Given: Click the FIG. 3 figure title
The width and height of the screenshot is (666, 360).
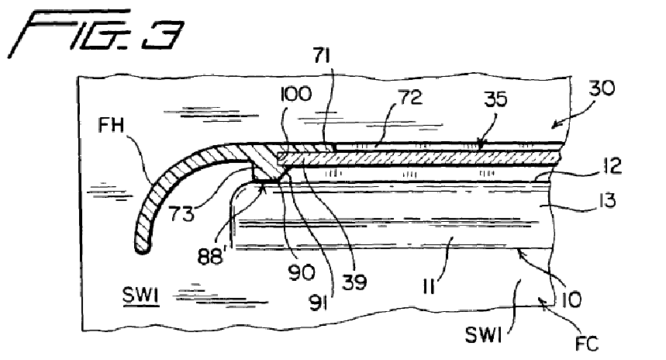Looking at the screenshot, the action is [96, 33].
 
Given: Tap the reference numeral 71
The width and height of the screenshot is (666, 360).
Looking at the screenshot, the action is [322, 56].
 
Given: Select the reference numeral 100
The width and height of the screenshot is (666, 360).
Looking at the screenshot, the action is [296, 94].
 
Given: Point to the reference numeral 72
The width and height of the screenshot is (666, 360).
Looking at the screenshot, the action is [410, 97].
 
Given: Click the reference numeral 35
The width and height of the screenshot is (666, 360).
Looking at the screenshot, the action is [495, 99].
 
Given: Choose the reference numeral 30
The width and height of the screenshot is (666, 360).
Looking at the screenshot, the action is [602, 88].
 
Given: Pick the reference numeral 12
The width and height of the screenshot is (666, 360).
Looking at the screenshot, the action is [612, 165].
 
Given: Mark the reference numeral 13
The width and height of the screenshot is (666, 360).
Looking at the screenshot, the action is [608, 200].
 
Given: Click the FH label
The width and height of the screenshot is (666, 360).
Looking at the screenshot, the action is [111, 126].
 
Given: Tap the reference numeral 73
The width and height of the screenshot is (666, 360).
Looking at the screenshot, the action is [181, 213].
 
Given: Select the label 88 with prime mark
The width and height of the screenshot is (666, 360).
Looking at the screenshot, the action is [211, 256].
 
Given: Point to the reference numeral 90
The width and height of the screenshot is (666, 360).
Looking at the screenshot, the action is [301, 272].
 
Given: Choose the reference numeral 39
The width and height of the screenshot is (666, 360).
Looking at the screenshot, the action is [354, 282].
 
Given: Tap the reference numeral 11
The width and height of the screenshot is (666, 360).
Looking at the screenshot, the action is [429, 286].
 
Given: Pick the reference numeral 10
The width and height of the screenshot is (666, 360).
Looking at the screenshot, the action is [571, 300].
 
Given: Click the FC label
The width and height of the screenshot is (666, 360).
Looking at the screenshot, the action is [587, 344].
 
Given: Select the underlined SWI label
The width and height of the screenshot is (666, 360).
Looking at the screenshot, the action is [140, 295].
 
